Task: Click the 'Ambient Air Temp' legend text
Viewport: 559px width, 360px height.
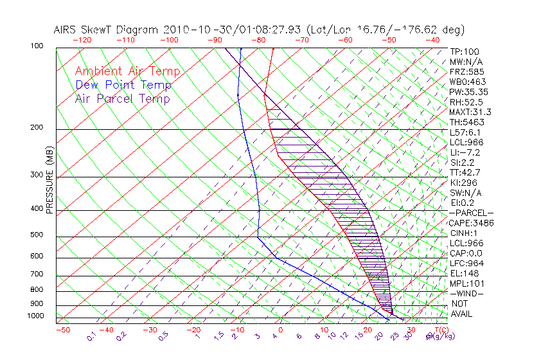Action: [x=127, y=71]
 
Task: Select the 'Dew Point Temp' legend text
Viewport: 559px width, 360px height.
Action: [x=123, y=85]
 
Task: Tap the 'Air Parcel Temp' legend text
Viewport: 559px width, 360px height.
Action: [x=122, y=98]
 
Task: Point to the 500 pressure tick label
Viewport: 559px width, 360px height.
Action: [x=38, y=235]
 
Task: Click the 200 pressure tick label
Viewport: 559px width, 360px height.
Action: [x=38, y=128]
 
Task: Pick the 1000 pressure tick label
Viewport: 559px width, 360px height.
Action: [x=36, y=316]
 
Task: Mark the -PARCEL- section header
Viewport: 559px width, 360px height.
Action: [x=471, y=213]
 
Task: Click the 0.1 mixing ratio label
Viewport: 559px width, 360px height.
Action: [x=91, y=336]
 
